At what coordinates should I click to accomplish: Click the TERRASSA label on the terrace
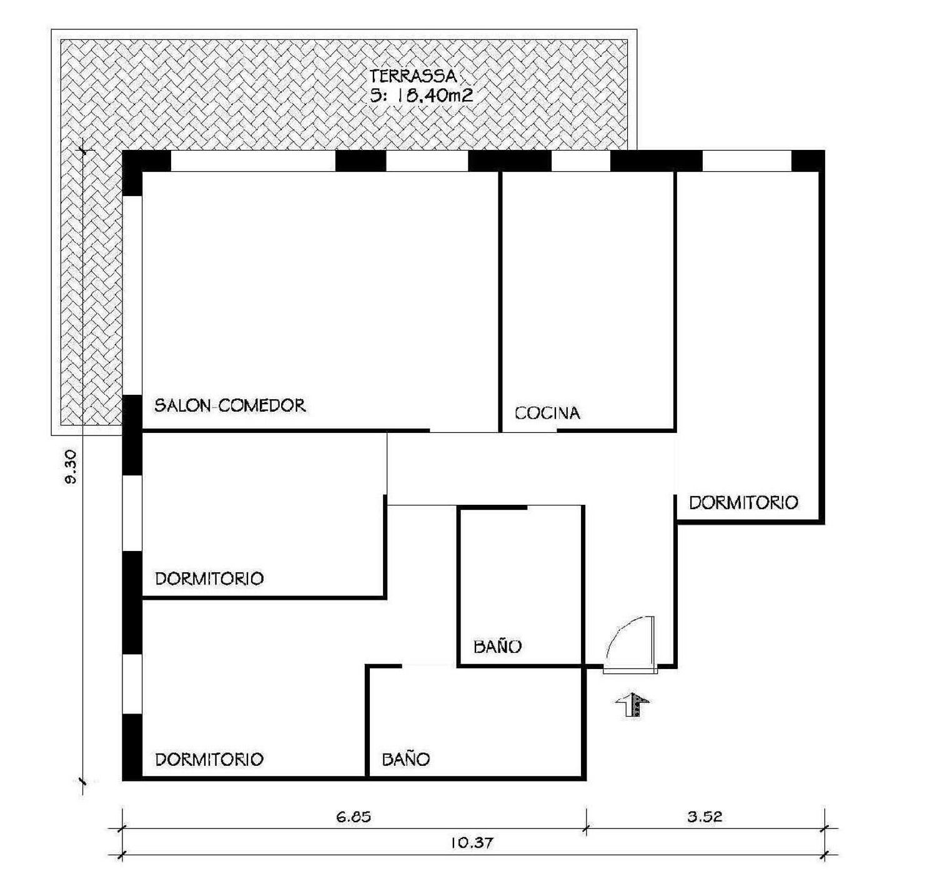point(413,76)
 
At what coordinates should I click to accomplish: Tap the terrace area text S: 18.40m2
point(421,96)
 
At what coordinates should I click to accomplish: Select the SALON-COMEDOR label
point(230,405)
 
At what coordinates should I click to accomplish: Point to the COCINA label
point(547,413)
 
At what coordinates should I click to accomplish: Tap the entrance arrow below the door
point(633,705)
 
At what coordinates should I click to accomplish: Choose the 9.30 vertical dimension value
point(71,467)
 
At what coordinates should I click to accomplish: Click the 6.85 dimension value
point(354,817)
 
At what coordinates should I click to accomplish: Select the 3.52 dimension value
point(705,817)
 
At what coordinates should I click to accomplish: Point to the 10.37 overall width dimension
point(472,843)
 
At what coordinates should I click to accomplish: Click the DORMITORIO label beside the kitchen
point(744,503)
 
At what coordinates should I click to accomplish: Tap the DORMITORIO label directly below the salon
point(209,579)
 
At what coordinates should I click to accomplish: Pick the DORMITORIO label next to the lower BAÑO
point(209,760)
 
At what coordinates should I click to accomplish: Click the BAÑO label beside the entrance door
point(498,646)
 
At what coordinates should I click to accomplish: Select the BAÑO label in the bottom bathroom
point(406,759)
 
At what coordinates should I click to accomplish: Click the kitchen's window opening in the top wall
point(581,161)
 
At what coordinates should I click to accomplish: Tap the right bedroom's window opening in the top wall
point(747,161)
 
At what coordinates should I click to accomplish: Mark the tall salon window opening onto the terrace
point(132,295)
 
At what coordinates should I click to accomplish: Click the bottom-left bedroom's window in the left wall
point(132,684)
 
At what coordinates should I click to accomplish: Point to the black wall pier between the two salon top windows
point(361,161)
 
